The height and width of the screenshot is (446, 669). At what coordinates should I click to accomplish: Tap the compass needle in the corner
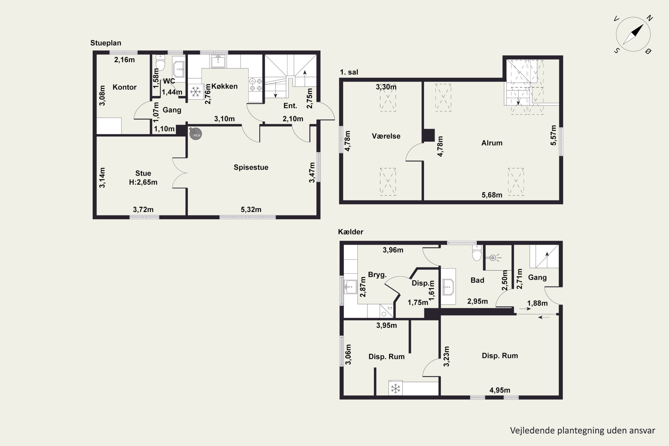coord(633,34)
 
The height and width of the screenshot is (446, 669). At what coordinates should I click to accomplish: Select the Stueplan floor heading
coord(106,43)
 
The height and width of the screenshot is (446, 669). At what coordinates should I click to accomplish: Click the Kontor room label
coord(125,87)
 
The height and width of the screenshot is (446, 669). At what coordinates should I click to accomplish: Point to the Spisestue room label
coord(251,167)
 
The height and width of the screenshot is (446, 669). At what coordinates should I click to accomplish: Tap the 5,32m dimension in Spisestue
coord(251,210)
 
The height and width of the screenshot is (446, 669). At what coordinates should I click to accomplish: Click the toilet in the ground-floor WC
coord(160,63)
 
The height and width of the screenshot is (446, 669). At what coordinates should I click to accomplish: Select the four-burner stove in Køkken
coord(255,85)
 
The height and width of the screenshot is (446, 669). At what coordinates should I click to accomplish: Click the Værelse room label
coord(386,136)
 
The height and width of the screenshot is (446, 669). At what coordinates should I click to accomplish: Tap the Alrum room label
coord(492,143)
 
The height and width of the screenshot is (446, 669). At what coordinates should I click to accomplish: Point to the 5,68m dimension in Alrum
coord(492,195)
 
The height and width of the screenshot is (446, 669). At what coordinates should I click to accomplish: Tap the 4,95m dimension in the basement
coord(500,390)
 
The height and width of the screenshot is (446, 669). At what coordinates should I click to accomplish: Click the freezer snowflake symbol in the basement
coord(395,388)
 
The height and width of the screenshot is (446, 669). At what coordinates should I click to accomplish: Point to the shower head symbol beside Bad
coord(493,258)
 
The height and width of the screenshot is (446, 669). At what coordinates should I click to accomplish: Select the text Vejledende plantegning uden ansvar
coord(582,431)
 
